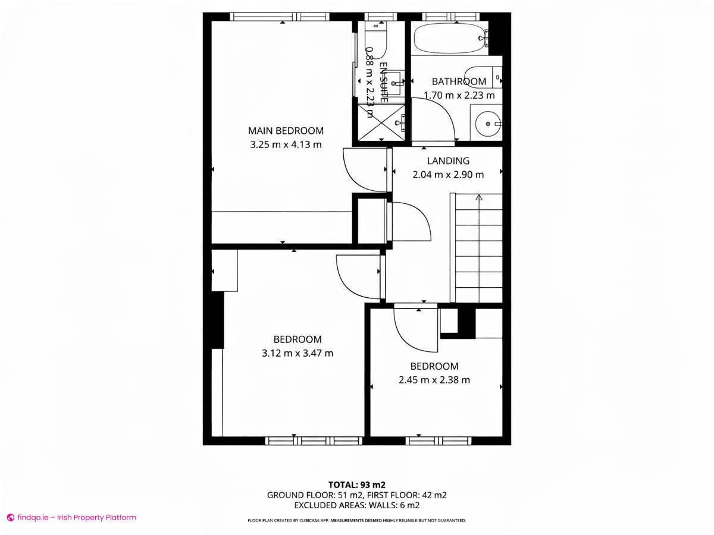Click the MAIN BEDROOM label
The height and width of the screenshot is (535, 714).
[x=286, y=131]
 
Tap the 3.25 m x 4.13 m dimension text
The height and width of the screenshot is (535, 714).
[x=286, y=144]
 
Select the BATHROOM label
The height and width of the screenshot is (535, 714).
[x=459, y=81]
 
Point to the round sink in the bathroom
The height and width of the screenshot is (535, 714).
[x=488, y=124]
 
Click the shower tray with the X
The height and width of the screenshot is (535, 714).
[x=381, y=122]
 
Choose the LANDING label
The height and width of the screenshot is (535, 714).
[x=448, y=160]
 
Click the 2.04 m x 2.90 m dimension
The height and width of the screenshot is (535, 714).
[x=448, y=175]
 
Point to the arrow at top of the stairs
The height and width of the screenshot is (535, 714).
[x=479, y=198]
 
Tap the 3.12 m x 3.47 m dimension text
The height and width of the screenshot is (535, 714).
[x=297, y=353]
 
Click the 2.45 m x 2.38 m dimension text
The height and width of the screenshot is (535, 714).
[x=434, y=380]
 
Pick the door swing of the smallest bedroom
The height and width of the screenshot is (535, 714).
[x=415, y=330]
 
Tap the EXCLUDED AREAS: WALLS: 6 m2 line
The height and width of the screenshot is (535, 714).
[x=357, y=505]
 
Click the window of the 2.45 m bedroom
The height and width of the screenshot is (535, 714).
[x=439, y=440]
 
